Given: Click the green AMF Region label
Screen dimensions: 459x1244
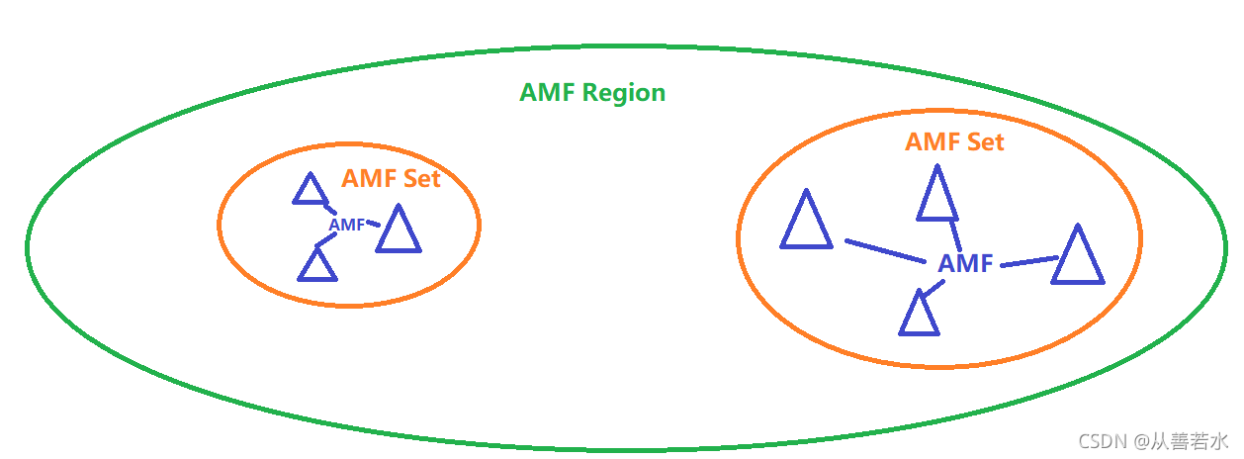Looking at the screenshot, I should (x=592, y=93).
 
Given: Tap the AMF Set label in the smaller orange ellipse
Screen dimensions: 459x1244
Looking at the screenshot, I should (x=391, y=179).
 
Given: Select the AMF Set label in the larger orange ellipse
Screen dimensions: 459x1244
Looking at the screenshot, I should (x=954, y=142).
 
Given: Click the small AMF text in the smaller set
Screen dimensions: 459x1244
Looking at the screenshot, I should (x=346, y=225).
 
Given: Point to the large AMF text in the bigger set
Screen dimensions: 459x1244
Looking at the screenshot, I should (x=965, y=264).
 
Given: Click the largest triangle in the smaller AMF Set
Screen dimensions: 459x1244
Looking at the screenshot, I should (x=399, y=230).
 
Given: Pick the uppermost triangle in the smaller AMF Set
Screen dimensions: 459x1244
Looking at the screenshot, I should (x=311, y=190).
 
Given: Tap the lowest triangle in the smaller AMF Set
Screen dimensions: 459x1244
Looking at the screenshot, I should (x=317, y=265).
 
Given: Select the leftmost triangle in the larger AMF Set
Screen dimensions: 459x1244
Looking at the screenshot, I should (x=806, y=222).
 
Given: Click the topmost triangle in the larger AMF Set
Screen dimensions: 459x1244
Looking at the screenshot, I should (x=936, y=195).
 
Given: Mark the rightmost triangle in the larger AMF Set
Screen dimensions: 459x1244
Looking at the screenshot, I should (x=1077, y=257).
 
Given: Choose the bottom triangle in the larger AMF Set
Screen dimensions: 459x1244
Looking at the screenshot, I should (x=919, y=315).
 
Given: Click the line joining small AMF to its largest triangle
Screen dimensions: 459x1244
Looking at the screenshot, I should (x=373, y=224).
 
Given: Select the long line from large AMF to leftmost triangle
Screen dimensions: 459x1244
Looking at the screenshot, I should (x=885, y=250).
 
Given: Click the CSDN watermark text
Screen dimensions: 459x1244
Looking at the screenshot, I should (x=1152, y=440).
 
